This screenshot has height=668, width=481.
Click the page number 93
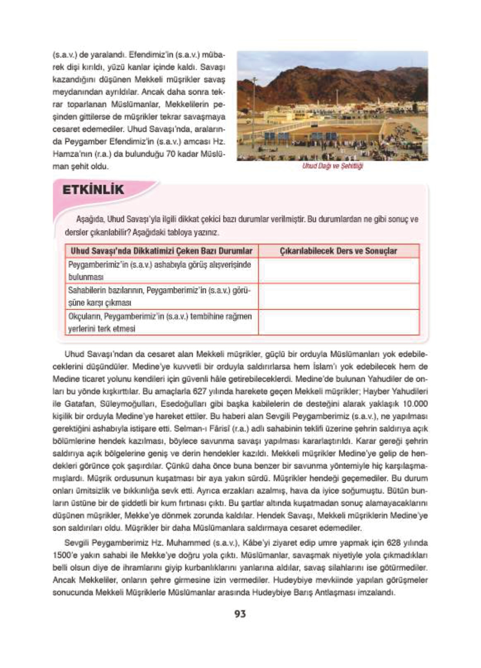pos(240,614)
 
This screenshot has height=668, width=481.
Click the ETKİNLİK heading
pos(93,190)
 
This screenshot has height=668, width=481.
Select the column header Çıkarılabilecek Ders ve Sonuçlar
pos(338,251)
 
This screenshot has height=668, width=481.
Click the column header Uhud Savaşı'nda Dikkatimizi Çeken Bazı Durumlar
pos(161,251)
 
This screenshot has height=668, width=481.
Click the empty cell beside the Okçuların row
pos(338,322)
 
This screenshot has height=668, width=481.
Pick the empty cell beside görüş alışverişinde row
pos(338,271)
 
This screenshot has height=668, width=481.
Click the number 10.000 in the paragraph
pos(415,403)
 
